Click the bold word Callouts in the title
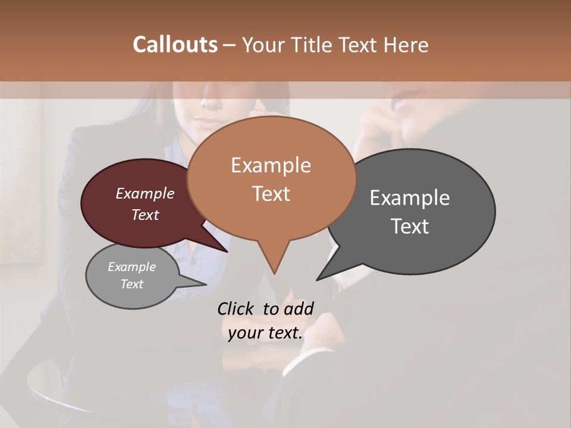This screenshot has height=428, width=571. click(175, 45)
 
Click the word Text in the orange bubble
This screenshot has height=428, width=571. click(271, 193)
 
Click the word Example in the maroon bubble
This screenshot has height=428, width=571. click(145, 193)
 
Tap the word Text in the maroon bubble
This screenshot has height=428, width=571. click(145, 215)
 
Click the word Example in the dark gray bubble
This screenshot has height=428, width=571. click(410, 197)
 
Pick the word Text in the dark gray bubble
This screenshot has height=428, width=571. click(410, 226)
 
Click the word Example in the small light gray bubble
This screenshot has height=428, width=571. click(131, 267)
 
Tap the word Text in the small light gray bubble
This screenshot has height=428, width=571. click(131, 284)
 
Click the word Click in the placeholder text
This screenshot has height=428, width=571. click(236, 309)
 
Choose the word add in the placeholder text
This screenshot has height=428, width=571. click(299, 309)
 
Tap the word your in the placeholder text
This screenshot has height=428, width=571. click(244, 333)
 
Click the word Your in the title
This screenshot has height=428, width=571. click(264, 45)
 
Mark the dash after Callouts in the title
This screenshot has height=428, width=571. click(230, 45)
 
